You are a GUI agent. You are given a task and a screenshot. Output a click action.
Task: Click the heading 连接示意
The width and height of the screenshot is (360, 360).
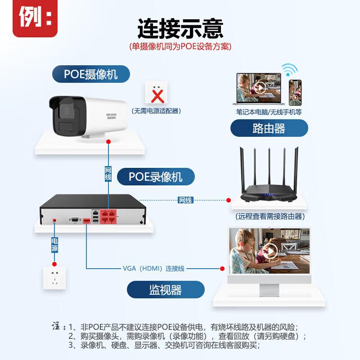(180, 28)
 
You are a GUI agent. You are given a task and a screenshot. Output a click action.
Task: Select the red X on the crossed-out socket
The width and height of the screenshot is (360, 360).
(157, 95)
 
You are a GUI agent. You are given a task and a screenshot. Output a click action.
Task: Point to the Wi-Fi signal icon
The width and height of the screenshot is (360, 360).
(289, 70)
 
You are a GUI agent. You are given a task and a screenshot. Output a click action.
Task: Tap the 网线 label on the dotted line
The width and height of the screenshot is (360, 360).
(185, 200)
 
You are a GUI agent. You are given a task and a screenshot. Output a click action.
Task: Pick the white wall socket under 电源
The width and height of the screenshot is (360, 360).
(54, 279)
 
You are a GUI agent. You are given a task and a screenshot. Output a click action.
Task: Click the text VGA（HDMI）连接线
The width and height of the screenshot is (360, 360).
(153, 268)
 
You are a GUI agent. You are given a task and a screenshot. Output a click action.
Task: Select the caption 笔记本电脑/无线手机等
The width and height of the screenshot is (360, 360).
(269, 112)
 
